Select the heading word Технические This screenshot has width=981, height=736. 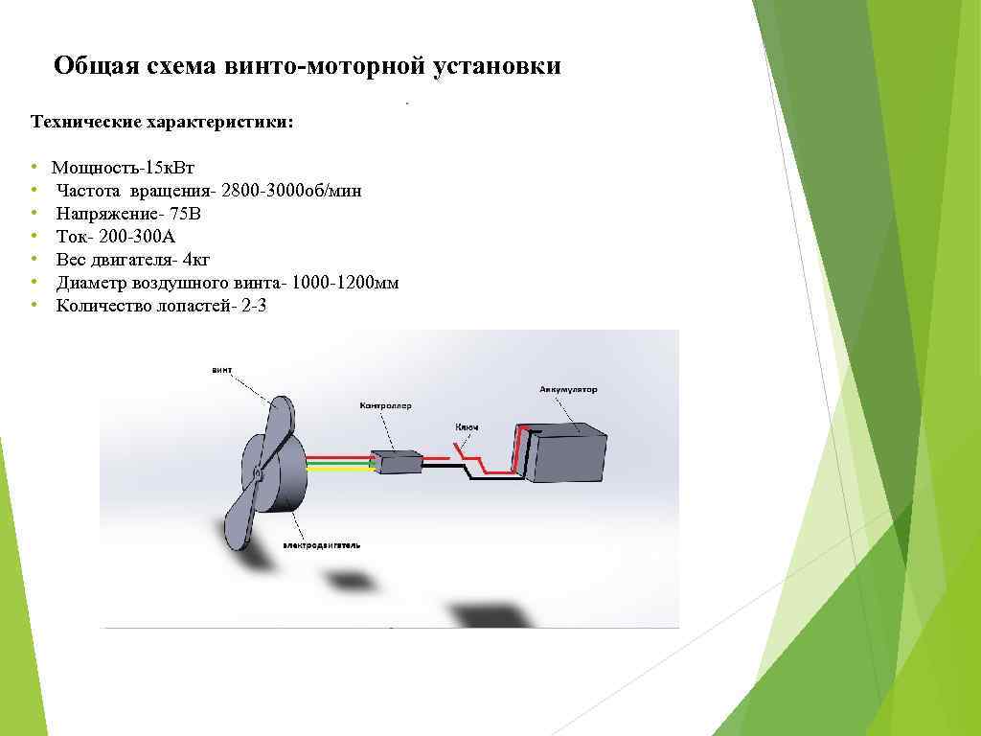coord(85,122)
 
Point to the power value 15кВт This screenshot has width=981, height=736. coord(167,168)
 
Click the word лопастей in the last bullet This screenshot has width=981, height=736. coord(189,306)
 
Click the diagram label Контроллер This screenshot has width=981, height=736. coord(385,406)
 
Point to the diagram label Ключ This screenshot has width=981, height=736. coord(467,427)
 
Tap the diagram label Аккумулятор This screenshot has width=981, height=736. coord(568,390)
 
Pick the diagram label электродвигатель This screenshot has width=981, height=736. coord(321,544)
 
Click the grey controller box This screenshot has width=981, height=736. coord(397,462)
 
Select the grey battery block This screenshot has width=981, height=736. coord(569,456)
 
